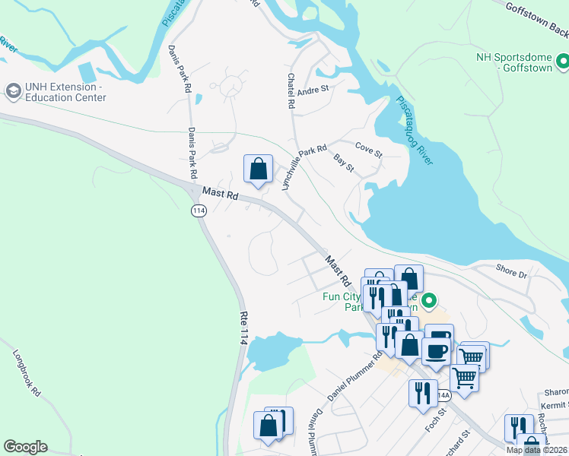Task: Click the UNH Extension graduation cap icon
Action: (12, 91)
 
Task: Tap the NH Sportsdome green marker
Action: (562, 59)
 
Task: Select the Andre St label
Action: (312, 90)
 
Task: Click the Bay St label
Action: (345, 163)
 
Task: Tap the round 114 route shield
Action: (199, 211)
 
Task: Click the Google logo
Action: (25, 447)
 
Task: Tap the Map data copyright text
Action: (536, 450)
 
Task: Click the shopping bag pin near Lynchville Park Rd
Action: (258, 169)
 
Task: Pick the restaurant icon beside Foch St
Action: (422, 393)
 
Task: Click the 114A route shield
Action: (443, 394)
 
